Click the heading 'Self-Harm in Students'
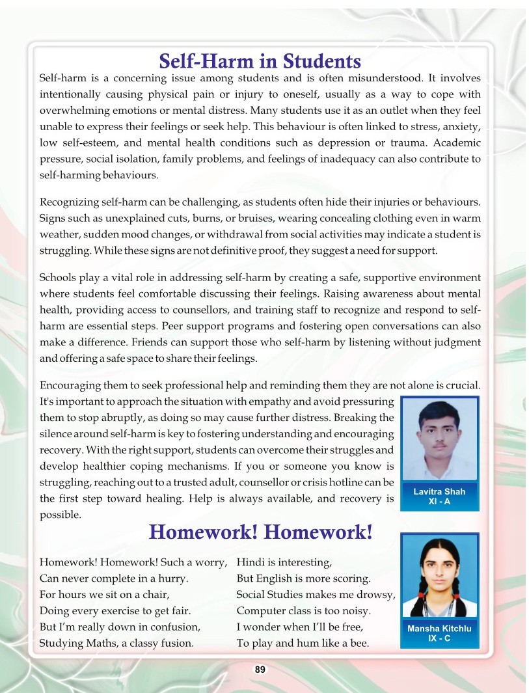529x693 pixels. coord(260,61)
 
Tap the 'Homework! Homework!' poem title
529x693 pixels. coord(260,532)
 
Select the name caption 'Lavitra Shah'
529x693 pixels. coord(439,492)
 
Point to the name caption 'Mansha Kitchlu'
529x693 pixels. coord(439,629)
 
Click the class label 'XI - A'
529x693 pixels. coord(439,502)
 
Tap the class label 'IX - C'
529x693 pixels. coord(439,638)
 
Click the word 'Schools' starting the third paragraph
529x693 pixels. coord(58,278)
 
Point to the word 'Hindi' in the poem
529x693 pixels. coord(250,562)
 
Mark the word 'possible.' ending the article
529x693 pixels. coord(61,515)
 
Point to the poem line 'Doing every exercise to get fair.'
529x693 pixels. coord(115,611)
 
